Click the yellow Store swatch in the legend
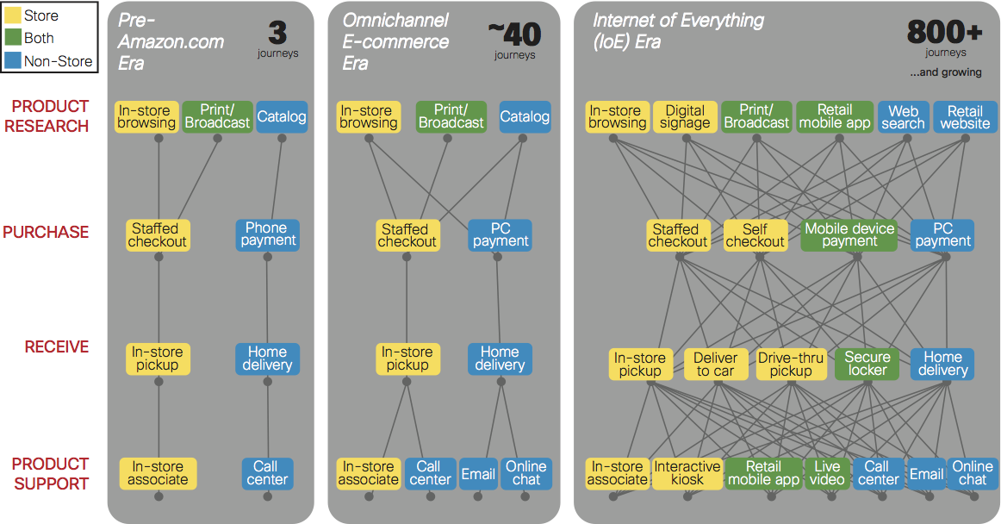pyautogui.click(x=14, y=16)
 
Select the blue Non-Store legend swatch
pyautogui.click(x=14, y=60)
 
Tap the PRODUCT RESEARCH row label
pyautogui.click(x=50, y=116)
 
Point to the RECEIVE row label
pyautogui.click(x=57, y=346)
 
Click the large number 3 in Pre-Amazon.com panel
pyautogui.click(x=277, y=34)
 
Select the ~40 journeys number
pyautogui.click(x=514, y=34)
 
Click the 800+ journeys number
pyautogui.click(x=944, y=34)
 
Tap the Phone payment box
pyautogui.click(x=267, y=234)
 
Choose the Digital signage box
pyautogui.click(x=685, y=116)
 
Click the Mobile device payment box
pyautogui.click(x=849, y=234)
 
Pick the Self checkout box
pyautogui.click(x=755, y=234)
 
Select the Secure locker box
pyautogui.click(x=867, y=363)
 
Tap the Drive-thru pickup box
pyautogui.click(x=791, y=363)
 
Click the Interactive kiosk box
pyautogui.click(x=687, y=473)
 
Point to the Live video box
pyautogui.click(x=827, y=473)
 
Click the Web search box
pyautogui.click(x=903, y=116)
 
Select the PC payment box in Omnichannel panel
pyautogui.click(x=501, y=234)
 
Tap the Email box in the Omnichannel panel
pyautogui.click(x=478, y=473)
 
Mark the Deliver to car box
pyautogui.click(x=715, y=363)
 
